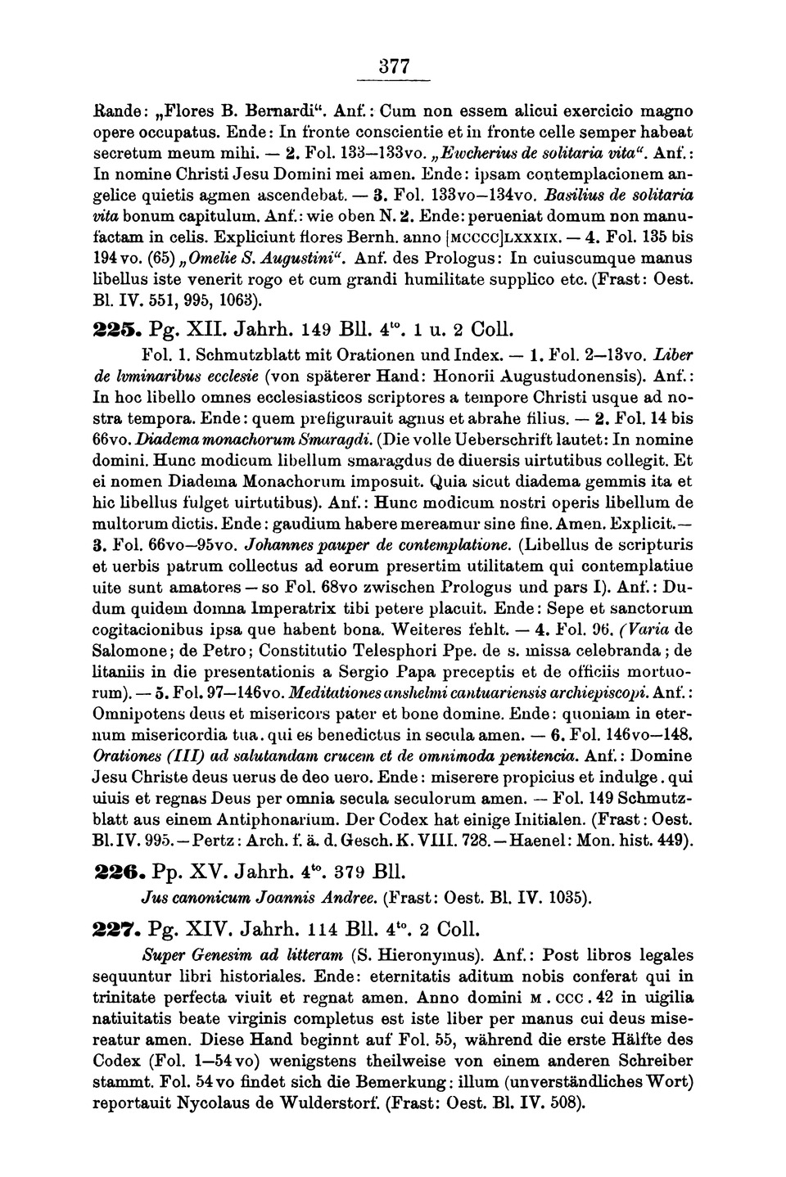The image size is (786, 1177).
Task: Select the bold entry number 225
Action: coord(116,332)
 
